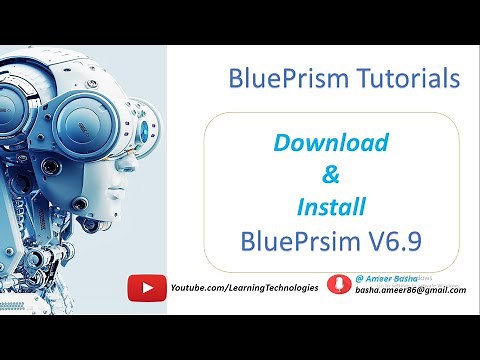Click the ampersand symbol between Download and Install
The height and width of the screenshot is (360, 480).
pos(333,176)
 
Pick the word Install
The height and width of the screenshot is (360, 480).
pos(331,208)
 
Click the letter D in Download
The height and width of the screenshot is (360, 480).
pos(281,143)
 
